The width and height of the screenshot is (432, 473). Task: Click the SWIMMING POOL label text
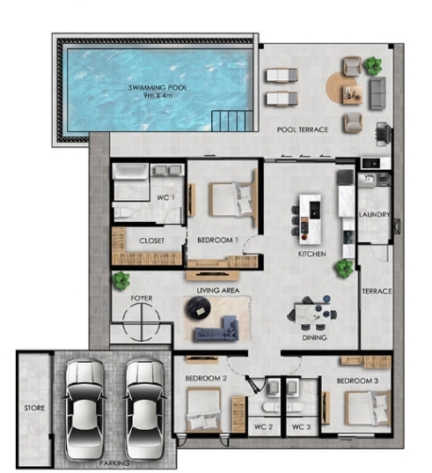click(157, 88)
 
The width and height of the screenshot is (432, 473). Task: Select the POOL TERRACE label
click(302, 129)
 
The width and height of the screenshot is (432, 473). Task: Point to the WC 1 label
click(165, 197)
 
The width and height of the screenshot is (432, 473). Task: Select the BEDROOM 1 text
click(217, 240)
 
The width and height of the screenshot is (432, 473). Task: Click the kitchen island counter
click(309, 217)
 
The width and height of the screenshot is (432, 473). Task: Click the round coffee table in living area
click(197, 307)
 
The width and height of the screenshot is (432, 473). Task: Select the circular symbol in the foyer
click(142, 324)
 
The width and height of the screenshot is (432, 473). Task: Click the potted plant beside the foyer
click(120, 281)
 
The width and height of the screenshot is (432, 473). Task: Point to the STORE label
click(34, 408)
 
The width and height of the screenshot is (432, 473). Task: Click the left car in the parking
click(85, 404)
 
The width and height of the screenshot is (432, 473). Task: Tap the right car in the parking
click(145, 404)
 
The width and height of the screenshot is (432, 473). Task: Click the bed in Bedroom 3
click(364, 408)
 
